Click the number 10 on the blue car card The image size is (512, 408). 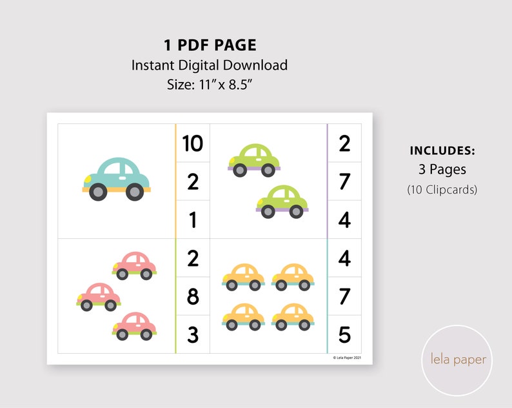pyautogui.click(x=193, y=143)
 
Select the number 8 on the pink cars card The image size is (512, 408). pyautogui.click(x=193, y=297)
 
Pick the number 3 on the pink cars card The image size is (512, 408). pyautogui.click(x=193, y=335)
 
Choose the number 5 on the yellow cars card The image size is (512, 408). pyautogui.click(x=344, y=335)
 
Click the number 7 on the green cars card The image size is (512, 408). pyautogui.click(x=344, y=181)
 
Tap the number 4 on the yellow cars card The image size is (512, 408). pyautogui.click(x=344, y=258)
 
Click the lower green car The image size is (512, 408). pyautogui.click(x=282, y=201)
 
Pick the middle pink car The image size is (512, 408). pyautogui.click(x=99, y=296)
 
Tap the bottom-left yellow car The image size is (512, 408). pyautogui.click(x=243, y=315)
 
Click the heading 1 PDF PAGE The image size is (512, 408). pyautogui.click(x=210, y=45)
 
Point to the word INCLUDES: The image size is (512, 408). pyautogui.click(x=442, y=151)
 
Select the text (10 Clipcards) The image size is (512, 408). pyautogui.click(x=442, y=190)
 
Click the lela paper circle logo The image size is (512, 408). pyautogui.click(x=458, y=360)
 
